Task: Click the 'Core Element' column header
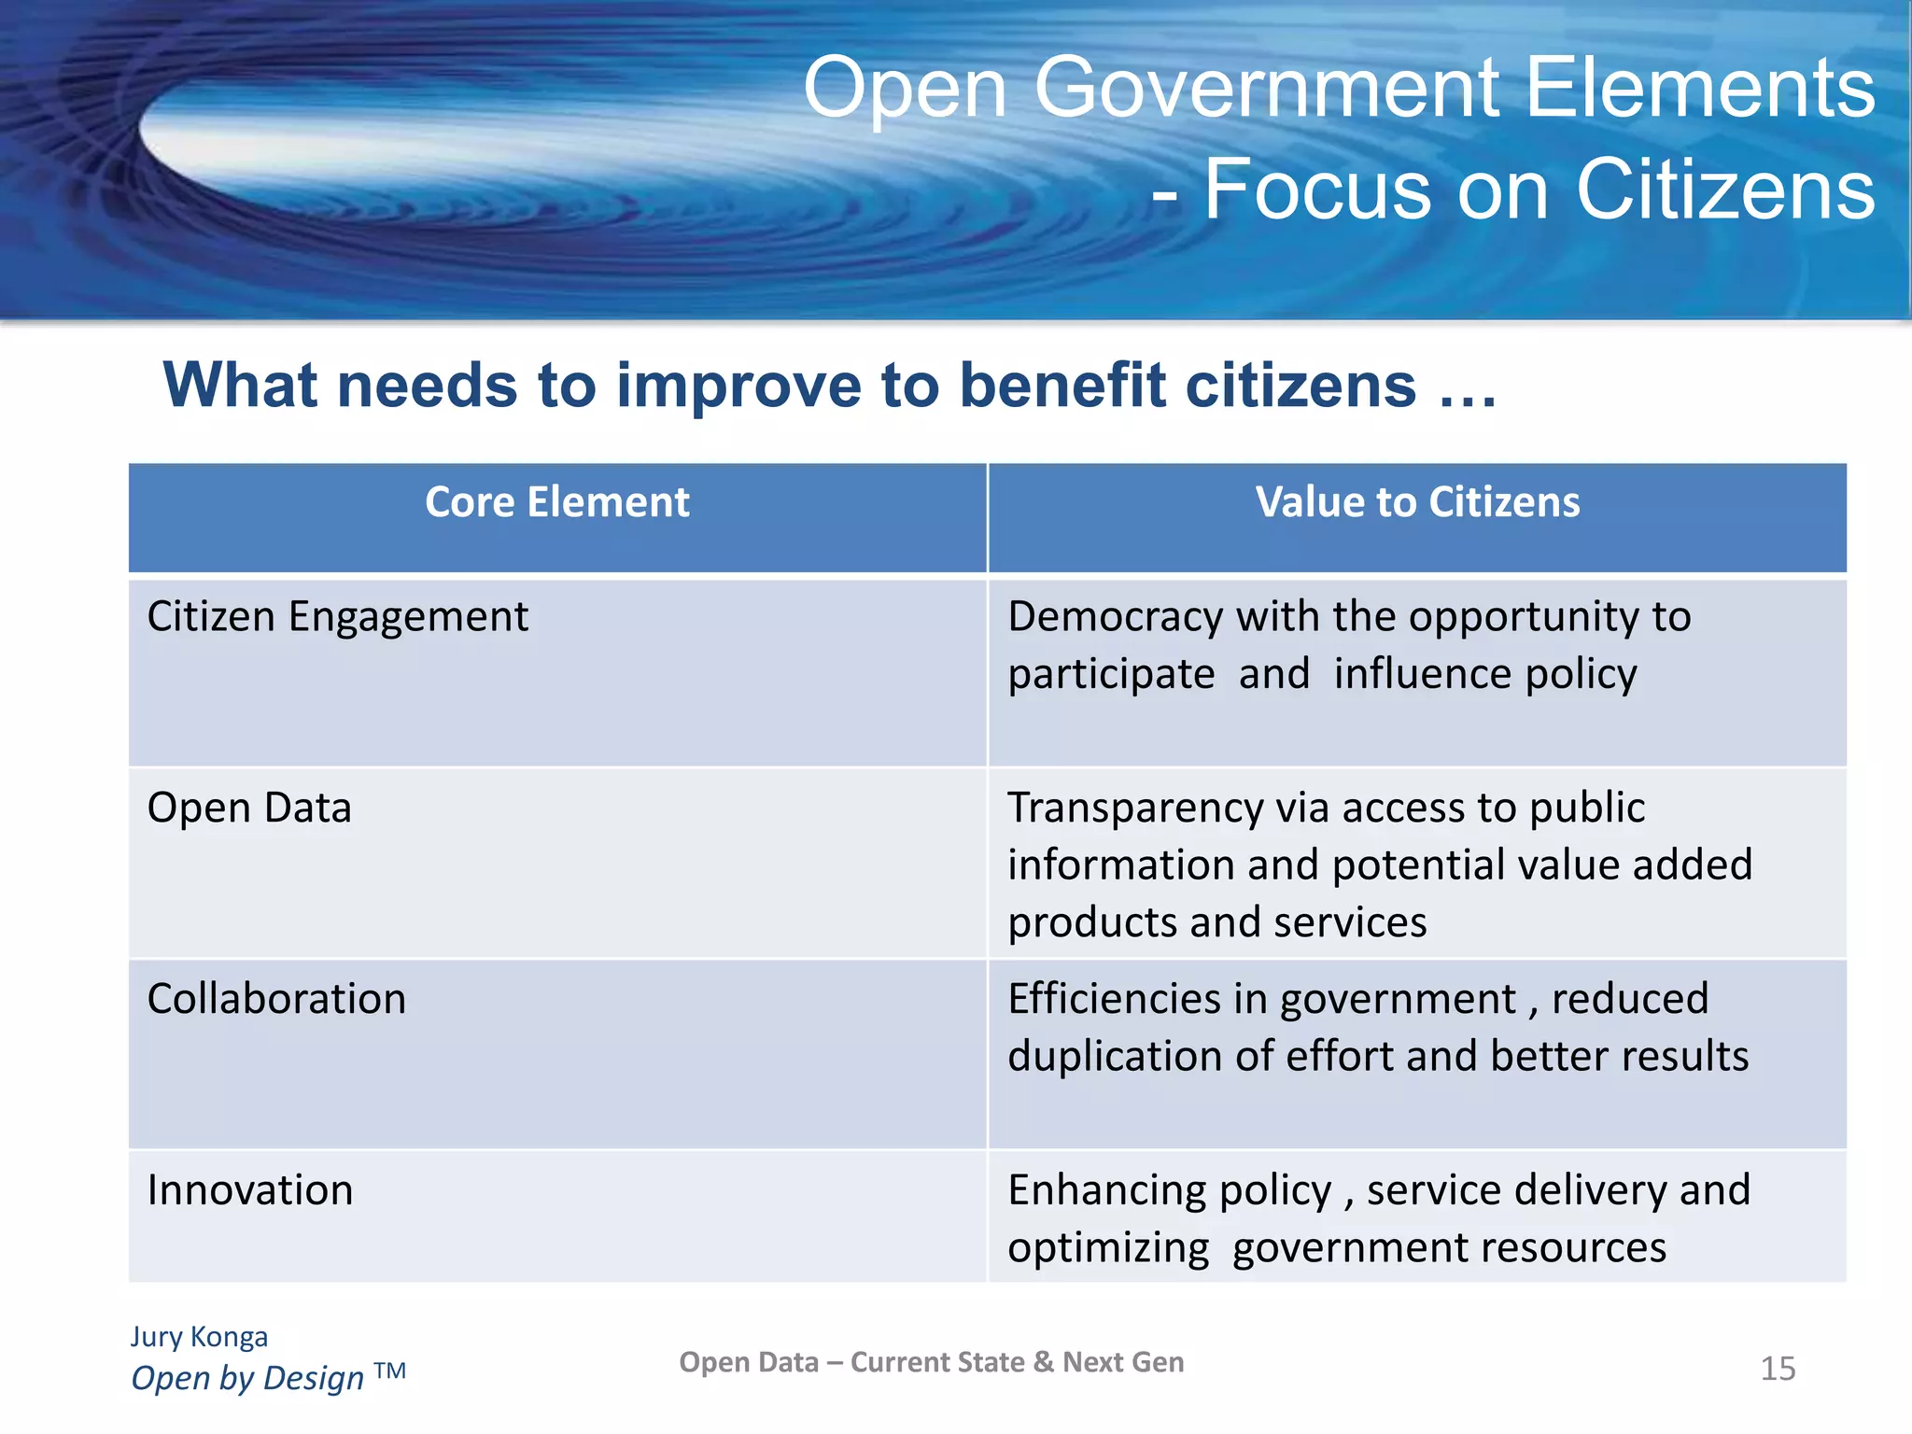pyautogui.click(x=557, y=503)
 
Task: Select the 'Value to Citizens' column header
pyautogui.click(x=1417, y=503)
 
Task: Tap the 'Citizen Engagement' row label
pyautogui.click(x=337, y=617)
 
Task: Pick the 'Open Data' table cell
pyautogui.click(x=249, y=808)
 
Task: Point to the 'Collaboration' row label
pyautogui.click(x=276, y=999)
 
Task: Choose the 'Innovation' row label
pyautogui.click(x=250, y=1190)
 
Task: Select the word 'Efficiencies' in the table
pyautogui.click(x=1114, y=999)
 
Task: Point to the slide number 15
pyautogui.click(x=1778, y=1369)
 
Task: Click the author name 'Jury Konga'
pyautogui.click(x=199, y=1336)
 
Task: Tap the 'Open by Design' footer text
pyautogui.click(x=247, y=1378)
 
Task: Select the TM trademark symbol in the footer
pyautogui.click(x=390, y=1371)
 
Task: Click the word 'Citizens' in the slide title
pyautogui.click(x=1725, y=190)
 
